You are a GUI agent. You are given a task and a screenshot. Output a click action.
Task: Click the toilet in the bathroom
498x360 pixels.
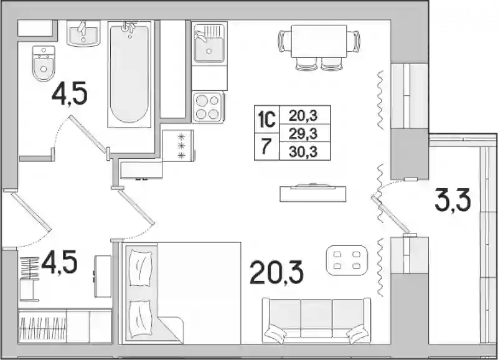click(44, 64)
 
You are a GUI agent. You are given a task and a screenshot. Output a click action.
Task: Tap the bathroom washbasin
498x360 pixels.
click(83, 34)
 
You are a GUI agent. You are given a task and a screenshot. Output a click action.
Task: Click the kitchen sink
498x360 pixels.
click(210, 42)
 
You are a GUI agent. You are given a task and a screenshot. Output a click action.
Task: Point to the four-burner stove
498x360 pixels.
click(208, 107)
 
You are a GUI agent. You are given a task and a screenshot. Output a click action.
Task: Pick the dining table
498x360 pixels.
click(319, 41)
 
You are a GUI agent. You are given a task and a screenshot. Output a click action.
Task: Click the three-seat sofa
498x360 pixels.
click(316, 321)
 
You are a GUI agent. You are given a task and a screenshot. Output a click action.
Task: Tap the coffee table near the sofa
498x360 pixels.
click(347, 260)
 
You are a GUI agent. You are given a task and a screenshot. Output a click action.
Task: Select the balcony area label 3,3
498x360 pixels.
click(453, 199)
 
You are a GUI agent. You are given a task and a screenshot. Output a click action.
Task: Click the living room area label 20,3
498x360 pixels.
click(276, 272)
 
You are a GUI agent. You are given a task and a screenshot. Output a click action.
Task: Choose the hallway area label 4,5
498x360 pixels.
click(59, 262)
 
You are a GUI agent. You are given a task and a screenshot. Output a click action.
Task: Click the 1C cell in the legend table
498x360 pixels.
click(266, 120)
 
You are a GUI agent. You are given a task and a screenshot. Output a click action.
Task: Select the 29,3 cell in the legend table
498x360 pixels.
click(304, 133)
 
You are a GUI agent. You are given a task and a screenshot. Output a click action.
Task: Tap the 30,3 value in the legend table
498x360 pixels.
click(304, 151)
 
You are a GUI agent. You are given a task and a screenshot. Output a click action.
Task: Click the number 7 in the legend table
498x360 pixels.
click(266, 146)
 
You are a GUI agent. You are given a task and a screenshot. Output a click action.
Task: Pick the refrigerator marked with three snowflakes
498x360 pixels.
click(178, 146)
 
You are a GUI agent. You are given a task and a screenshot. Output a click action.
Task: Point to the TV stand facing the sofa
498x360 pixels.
click(313, 193)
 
